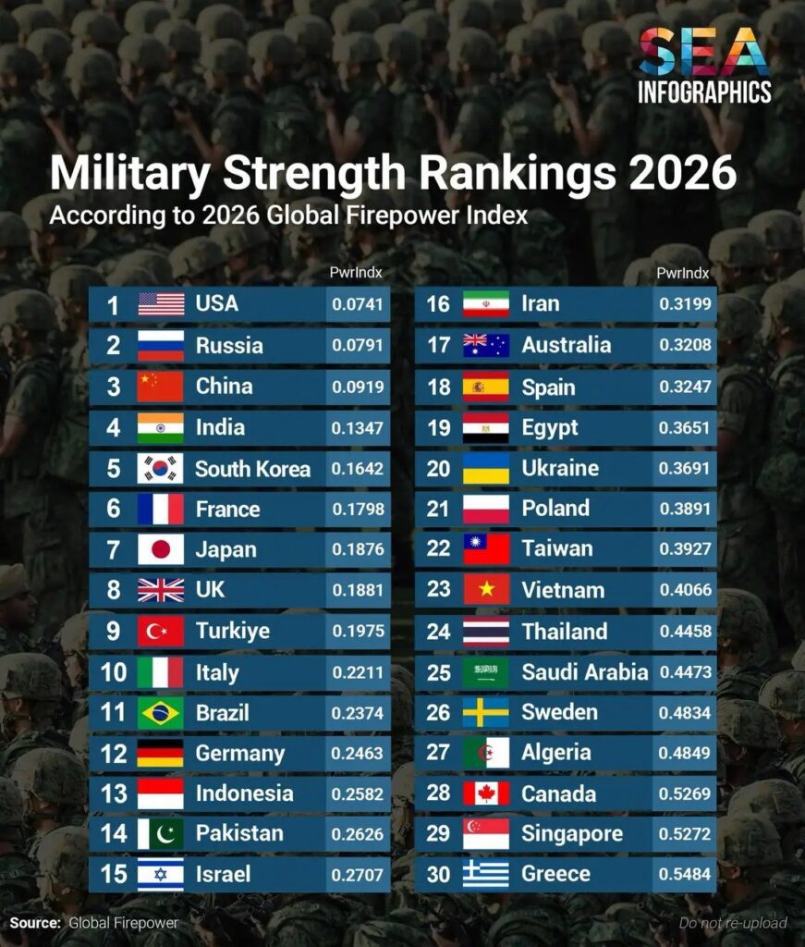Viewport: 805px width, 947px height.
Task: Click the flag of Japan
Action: [161, 549]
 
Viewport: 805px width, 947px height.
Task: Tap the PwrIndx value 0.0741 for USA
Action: [357, 304]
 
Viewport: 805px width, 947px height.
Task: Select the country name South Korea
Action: [252, 468]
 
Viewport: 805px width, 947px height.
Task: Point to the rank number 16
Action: [438, 304]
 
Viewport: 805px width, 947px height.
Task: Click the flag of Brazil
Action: [161, 713]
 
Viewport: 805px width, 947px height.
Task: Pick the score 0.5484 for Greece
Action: [684, 874]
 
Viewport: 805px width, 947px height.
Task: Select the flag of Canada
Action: [486, 793]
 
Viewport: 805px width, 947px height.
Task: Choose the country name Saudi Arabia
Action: [584, 672]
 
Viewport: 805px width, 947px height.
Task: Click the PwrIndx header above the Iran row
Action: [683, 273]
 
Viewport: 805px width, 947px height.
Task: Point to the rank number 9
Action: [114, 632]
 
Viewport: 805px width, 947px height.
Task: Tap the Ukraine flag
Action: [486, 468]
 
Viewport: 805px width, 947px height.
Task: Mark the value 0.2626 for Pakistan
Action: [357, 833]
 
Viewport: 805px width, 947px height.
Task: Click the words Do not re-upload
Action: [733, 922]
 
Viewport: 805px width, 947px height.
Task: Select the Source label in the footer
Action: [35, 922]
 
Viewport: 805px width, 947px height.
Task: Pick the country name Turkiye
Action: [232, 632]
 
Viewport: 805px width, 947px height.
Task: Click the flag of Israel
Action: [161, 874]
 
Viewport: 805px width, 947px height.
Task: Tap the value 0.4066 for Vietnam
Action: [684, 590]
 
